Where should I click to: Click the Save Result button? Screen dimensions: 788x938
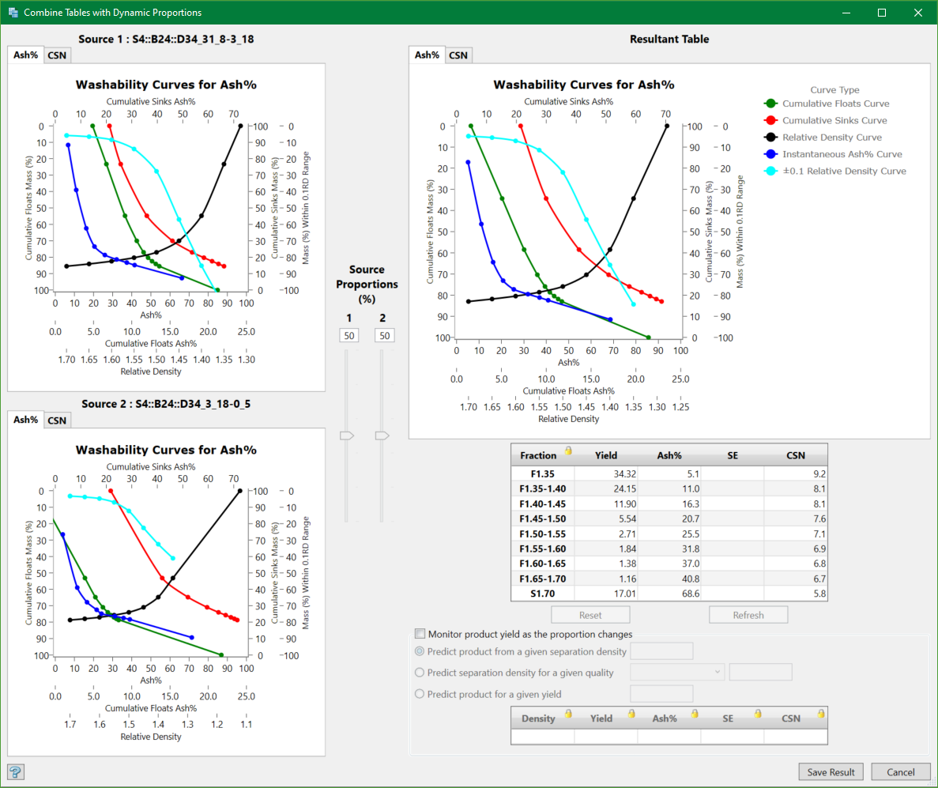831,772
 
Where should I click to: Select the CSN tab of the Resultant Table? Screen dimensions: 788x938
458,55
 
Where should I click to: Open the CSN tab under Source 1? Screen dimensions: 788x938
57,55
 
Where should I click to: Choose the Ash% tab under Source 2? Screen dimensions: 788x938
26,420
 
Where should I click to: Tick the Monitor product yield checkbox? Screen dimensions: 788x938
420,634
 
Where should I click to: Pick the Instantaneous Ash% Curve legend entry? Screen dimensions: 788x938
842,154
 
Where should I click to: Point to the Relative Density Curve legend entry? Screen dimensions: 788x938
831,138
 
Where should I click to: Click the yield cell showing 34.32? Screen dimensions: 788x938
605,473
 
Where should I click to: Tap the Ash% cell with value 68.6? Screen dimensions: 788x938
669,594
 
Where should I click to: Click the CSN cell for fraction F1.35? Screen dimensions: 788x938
795,473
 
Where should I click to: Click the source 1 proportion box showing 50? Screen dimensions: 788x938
348,336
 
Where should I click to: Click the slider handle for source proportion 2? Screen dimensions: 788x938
382,435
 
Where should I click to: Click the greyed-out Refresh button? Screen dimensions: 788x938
748,615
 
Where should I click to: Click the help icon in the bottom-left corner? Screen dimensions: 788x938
14,771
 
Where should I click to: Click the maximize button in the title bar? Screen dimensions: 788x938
882,13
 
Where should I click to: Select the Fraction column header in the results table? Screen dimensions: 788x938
539,455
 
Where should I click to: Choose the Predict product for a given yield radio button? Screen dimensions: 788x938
420,694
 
